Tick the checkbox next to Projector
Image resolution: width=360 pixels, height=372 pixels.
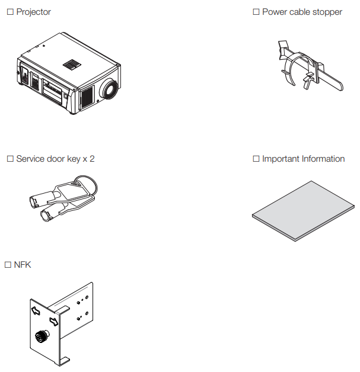click(x=10, y=12)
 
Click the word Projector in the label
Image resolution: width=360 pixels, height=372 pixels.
click(x=34, y=12)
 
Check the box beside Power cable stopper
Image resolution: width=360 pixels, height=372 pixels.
click(x=256, y=12)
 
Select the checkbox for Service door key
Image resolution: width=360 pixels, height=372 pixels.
click(x=10, y=159)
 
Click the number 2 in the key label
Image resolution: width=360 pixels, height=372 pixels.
click(x=92, y=159)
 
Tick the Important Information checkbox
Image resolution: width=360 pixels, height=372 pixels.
click(x=256, y=159)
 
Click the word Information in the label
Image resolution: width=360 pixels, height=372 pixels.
click(x=323, y=159)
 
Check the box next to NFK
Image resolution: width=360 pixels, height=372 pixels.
click(x=8, y=265)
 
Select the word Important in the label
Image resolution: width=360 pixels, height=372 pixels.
click(x=281, y=159)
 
